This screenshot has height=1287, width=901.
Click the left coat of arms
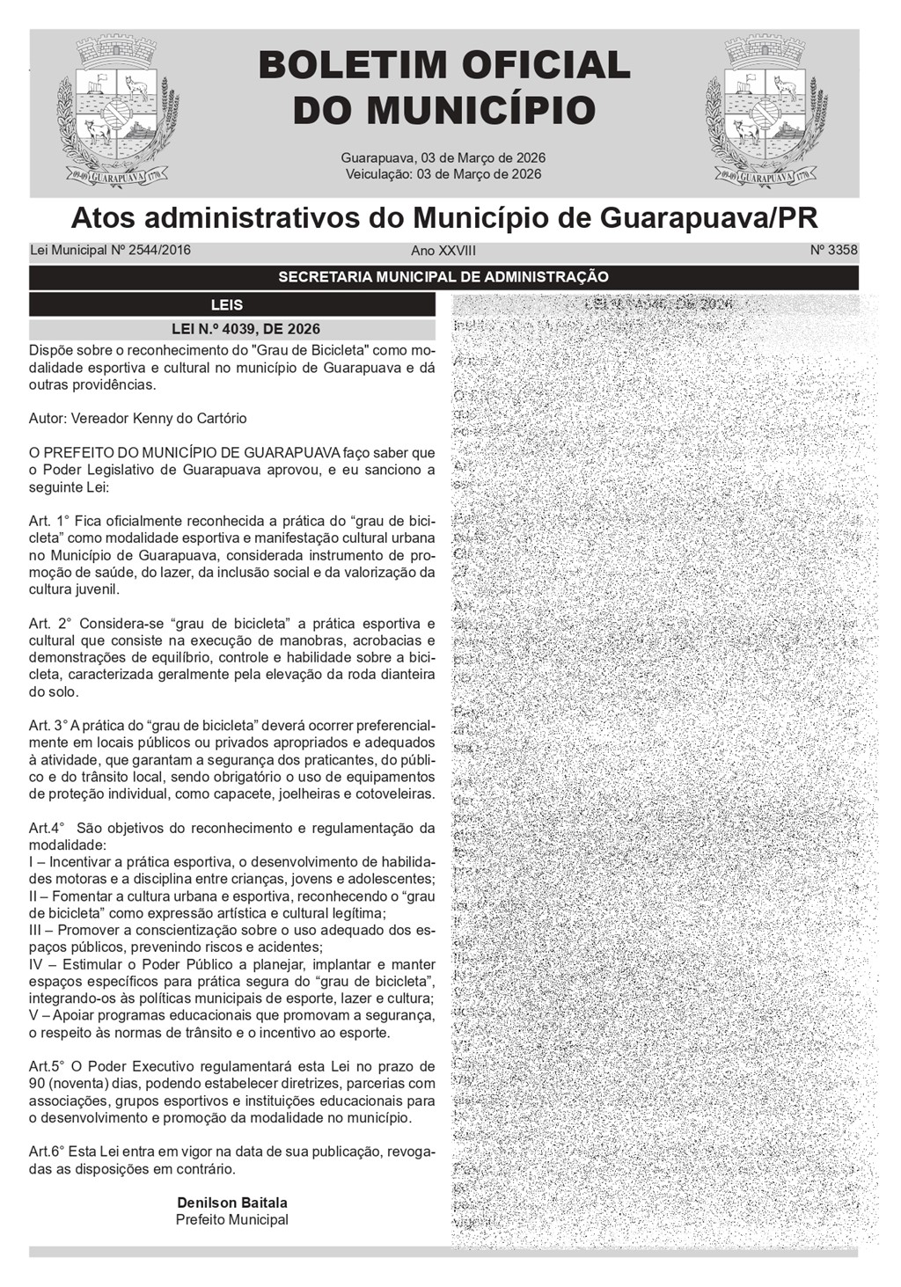tap(118, 112)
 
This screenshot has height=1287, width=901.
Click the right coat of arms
tap(765, 112)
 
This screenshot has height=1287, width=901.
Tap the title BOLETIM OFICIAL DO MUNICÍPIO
tap(444, 88)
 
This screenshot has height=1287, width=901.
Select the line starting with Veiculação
tap(443, 174)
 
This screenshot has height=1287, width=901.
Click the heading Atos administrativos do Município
tap(443, 216)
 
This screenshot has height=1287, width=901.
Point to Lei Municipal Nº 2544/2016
tap(110, 250)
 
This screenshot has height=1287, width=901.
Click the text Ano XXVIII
tap(443, 251)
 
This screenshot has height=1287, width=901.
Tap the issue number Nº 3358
tap(833, 250)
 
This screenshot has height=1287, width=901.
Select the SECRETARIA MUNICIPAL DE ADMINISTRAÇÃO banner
tap(443, 277)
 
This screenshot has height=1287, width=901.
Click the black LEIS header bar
tap(232, 305)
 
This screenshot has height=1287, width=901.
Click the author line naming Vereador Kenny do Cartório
tap(138, 419)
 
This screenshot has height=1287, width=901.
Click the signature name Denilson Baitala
tap(232, 1203)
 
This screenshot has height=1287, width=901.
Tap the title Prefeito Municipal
tap(232, 1220)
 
